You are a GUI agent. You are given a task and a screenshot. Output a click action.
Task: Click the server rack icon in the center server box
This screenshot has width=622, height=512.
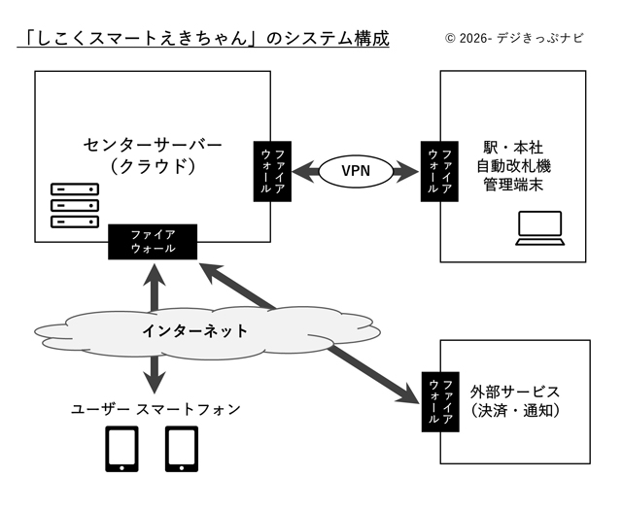[75, 206]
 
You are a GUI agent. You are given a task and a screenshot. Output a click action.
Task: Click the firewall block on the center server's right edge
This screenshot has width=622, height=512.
[269, 172]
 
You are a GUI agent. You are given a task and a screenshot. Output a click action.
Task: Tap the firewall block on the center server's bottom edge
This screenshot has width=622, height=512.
[153, 241]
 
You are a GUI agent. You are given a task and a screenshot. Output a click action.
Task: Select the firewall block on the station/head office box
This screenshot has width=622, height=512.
[438, 172]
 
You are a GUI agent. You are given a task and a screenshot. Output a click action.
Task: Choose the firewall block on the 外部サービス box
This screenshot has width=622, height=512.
[438, 399]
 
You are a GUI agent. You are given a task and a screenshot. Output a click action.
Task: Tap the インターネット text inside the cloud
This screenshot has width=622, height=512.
[194, 331]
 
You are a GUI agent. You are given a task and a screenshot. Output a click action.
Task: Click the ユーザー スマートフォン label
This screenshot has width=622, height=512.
[155, 410]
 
